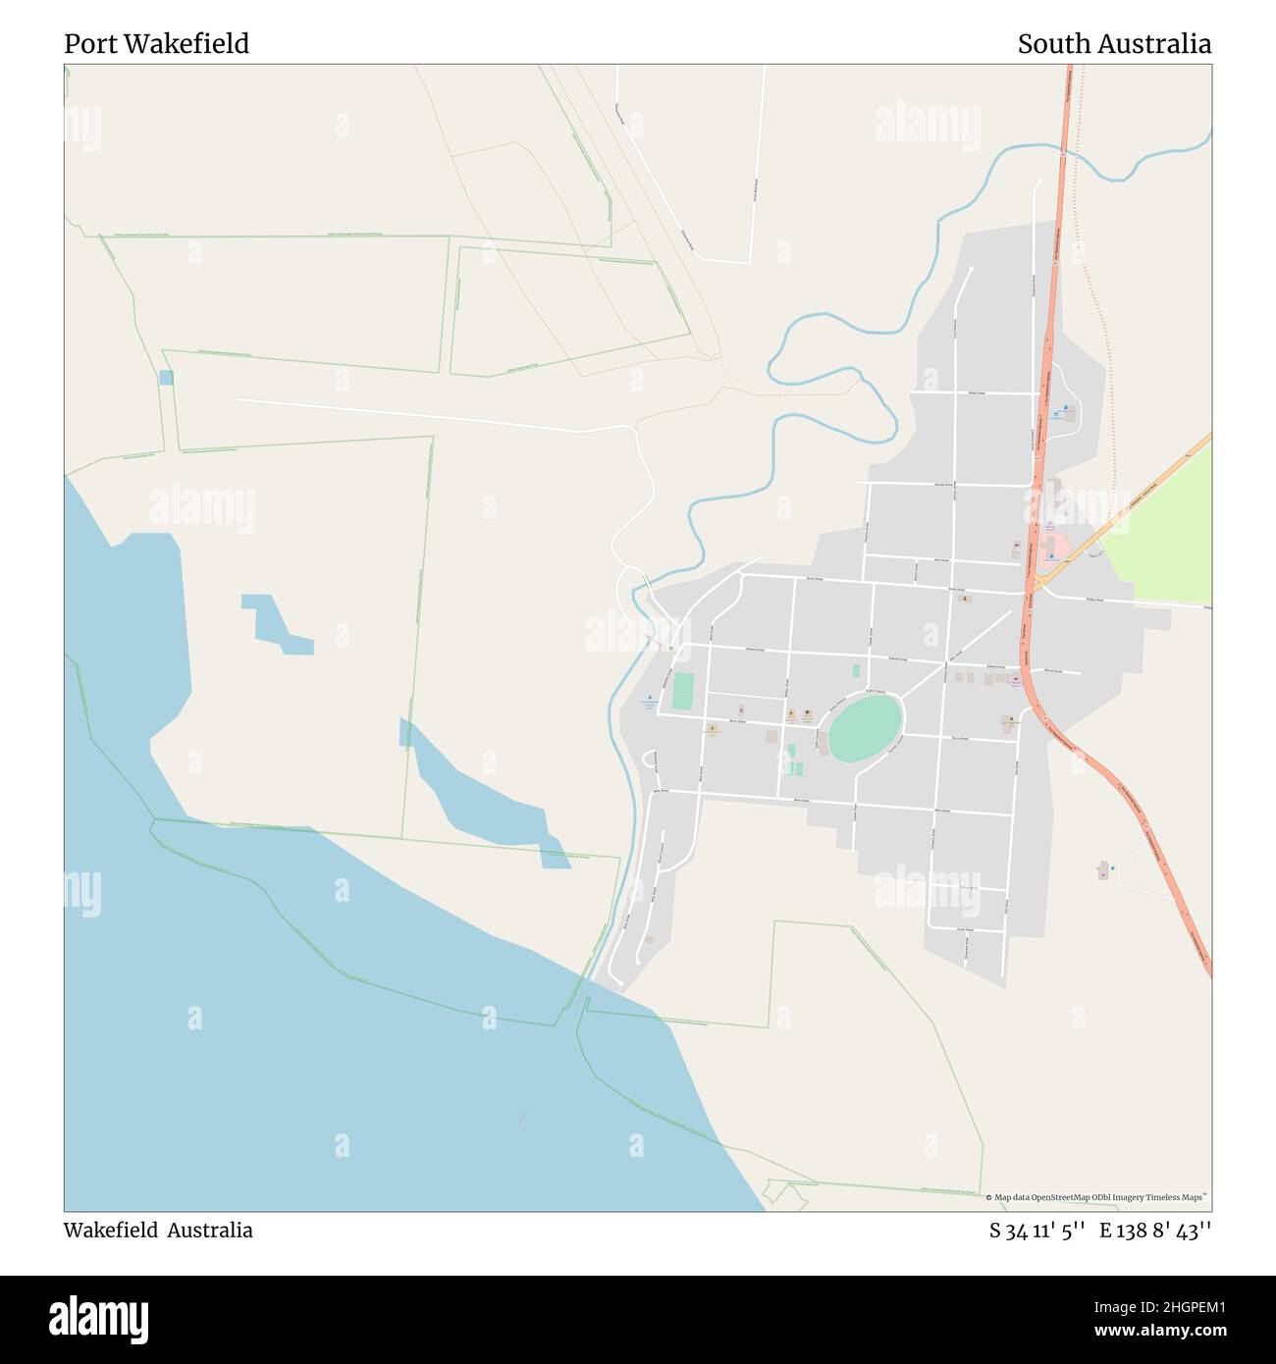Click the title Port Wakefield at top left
point(157,44)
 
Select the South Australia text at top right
point(1114,44)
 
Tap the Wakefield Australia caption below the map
point(158,1231)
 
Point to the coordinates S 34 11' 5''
point(1037,1231)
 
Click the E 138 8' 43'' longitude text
point(1155,1231)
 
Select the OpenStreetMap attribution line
point(1098,1197)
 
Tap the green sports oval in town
point(866,727)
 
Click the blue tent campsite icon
point(648,697)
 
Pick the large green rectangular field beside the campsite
point(683,692)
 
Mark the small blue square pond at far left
point(166,378)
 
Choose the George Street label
point(942,484)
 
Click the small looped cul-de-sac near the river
point(649,760)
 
